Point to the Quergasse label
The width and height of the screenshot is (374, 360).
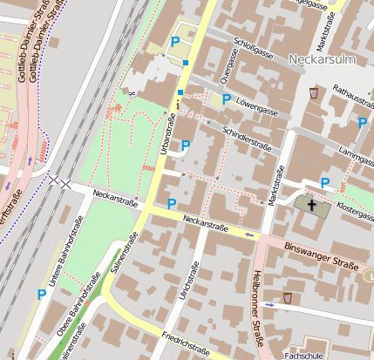228,65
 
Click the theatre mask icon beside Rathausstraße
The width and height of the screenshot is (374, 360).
313,92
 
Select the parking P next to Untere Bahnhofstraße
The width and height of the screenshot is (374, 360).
41,295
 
